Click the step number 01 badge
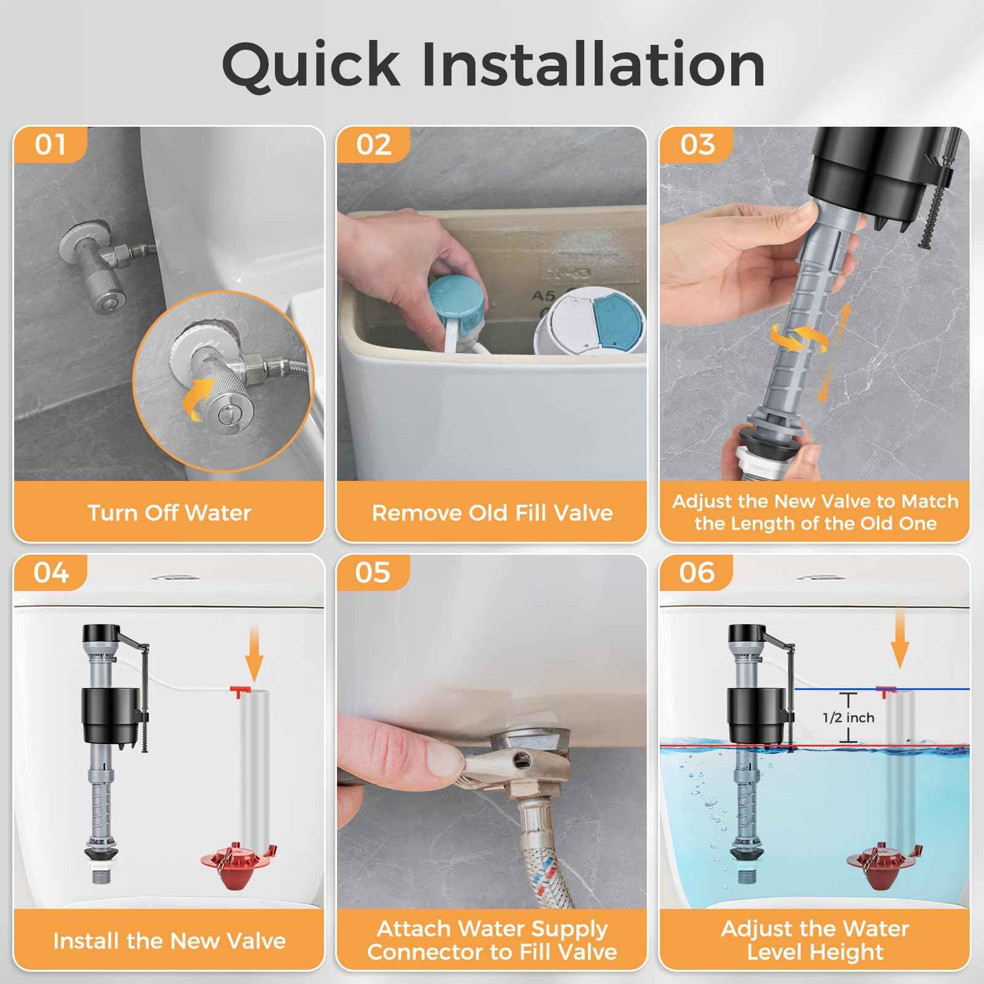click(50, 145)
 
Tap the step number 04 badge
click(51, 573)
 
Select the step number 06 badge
click(697, 573)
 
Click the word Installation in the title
click(593, 65)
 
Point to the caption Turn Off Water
click(169, 512)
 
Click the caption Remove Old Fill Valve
click(492, 512)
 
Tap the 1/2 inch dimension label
click(849, 717)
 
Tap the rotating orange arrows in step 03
click(799, 339)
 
